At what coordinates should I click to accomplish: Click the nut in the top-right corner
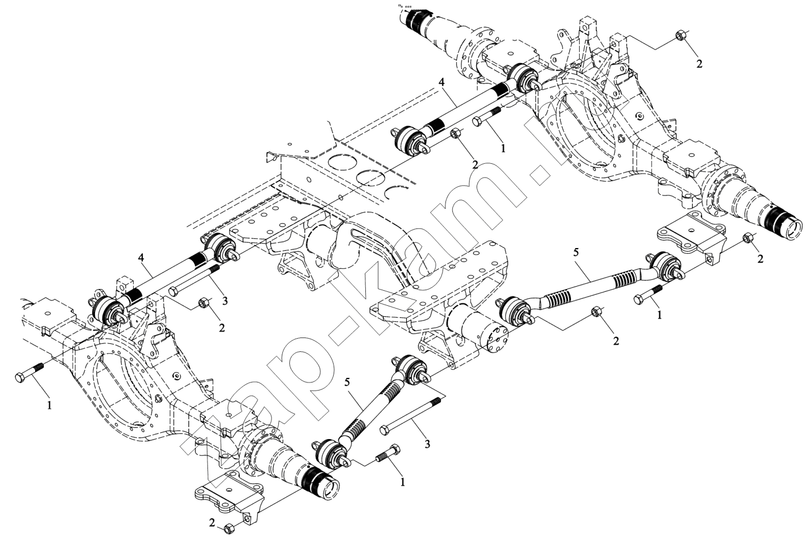point(679,37)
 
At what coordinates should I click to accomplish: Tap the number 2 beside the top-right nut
point(699,63)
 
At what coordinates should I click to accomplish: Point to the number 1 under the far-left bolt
point(50,406)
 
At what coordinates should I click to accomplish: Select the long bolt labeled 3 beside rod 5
point(411,414)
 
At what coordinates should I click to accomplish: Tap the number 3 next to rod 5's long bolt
point(427,444)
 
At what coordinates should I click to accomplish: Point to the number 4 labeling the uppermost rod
point(441,82)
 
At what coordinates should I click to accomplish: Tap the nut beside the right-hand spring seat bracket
point(747,237)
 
